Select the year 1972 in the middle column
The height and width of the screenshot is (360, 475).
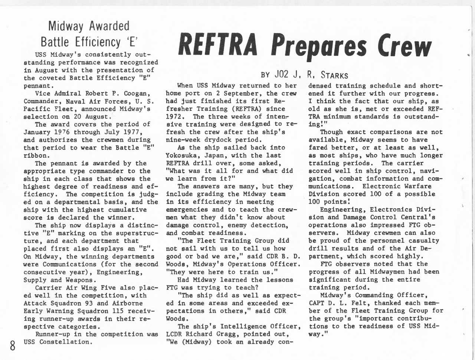[175, 117]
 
